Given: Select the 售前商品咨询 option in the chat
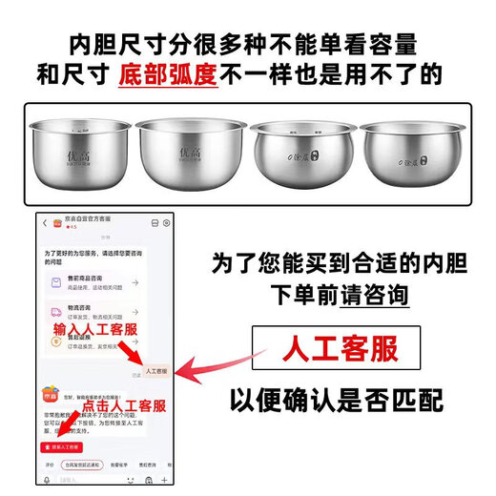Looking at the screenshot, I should (x=91, y=282).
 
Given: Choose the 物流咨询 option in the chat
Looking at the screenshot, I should (x=91, y=315).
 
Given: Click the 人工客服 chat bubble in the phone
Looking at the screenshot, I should (x=155, y=370).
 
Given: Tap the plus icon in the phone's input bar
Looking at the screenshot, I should (x=164, y=480).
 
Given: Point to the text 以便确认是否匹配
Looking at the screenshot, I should (x=335, y=400).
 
